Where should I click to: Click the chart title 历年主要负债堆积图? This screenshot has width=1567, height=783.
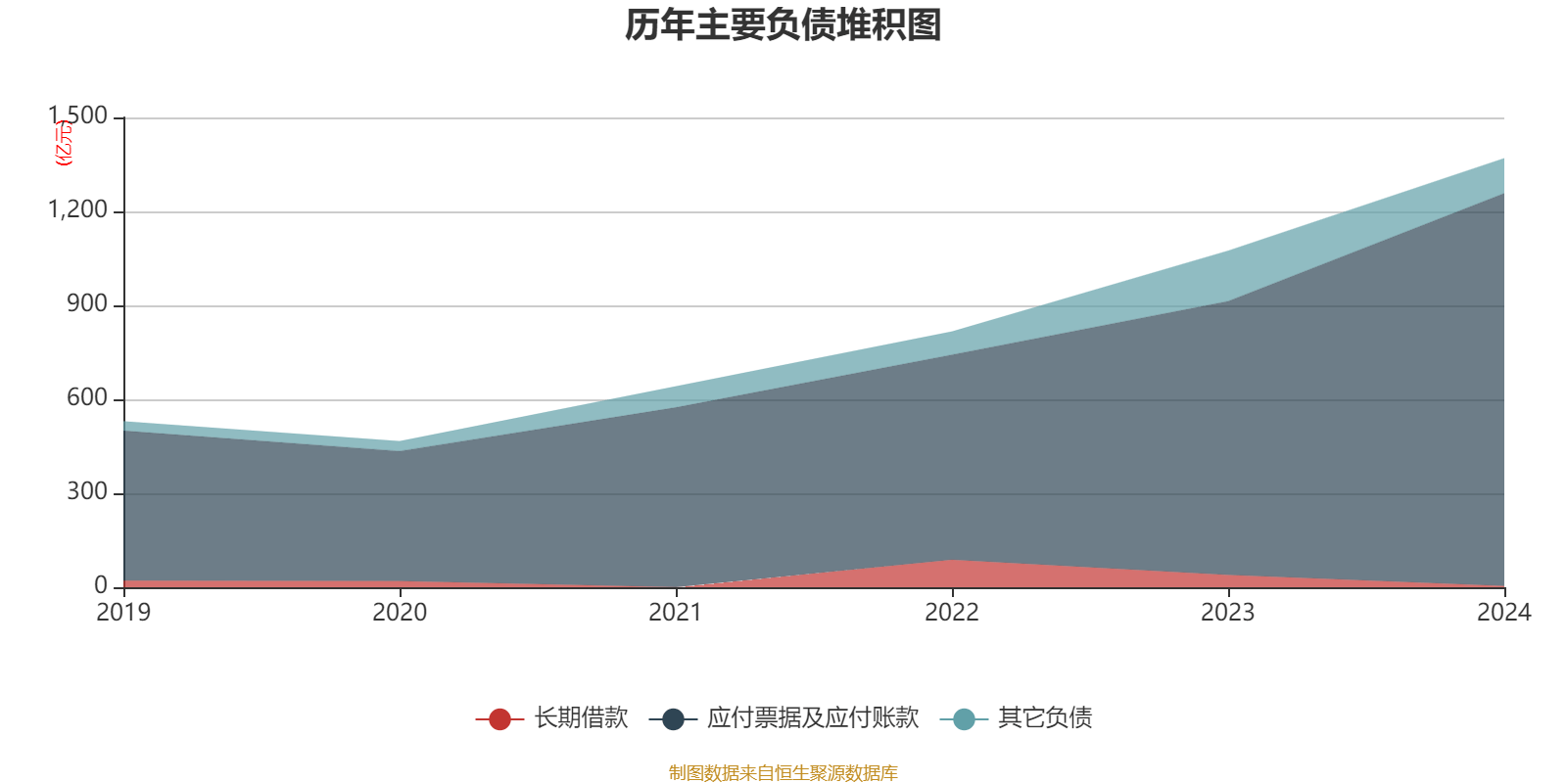point(783,25)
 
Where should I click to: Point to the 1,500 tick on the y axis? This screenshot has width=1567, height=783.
point(78,116)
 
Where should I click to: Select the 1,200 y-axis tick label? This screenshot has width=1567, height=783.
point(78,210)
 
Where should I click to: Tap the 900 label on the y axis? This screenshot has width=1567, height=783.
point(87,304)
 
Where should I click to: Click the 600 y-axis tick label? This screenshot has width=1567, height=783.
point(87,398)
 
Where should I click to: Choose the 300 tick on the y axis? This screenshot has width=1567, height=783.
point(87,492)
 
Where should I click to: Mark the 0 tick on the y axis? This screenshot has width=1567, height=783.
point(101,586)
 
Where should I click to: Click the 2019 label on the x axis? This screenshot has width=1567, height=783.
point(123,613)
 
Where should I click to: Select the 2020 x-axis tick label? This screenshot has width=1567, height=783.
point(400,613)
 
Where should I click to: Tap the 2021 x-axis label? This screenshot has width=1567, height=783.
point(676,613)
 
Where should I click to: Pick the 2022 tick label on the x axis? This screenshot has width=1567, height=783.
point(952,613)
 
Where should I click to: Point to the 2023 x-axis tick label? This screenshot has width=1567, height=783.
point(1228,613)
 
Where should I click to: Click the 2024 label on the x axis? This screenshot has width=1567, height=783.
point(1503,613)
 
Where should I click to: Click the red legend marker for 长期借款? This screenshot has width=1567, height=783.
point(499,719)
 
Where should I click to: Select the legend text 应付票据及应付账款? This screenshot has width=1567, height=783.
point(813,718)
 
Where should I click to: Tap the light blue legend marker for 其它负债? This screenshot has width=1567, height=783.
point(964,719)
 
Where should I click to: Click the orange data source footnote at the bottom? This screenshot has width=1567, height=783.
point(783,773)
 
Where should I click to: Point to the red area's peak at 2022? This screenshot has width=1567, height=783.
point(952,561)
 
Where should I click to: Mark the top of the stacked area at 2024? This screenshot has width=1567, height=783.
point(1503,159)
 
